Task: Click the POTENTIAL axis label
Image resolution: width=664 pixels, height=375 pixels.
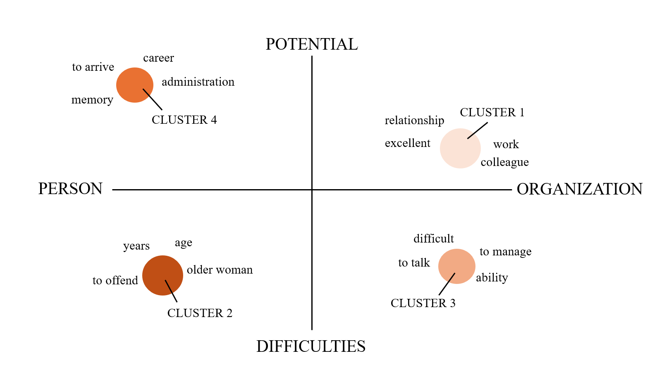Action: click(x=312, y=44)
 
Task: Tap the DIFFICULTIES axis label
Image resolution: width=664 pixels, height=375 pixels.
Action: click(x=311, y=346)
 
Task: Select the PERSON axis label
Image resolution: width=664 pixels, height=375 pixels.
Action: click(x=70, y=189)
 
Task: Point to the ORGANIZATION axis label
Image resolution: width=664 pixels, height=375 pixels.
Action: click(x=579, y=189)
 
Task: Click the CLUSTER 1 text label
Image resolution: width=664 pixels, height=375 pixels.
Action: click(x=492, y=113)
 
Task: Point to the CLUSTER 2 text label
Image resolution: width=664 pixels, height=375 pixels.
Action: click(x=200, y=313)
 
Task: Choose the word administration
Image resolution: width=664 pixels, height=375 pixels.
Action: click(x=198, y=82)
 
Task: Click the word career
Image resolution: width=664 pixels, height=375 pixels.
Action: click(x=158, y=58)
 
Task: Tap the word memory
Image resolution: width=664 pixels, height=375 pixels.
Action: click(x=92, y=100)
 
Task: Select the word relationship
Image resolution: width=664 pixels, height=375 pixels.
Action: click(x=414, y=120)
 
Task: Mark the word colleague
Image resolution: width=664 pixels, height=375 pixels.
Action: click(x=504, y=162)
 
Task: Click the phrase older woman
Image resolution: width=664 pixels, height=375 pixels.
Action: click(x=220, y=270)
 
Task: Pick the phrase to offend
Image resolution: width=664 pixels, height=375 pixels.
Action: click(x=115, y=281)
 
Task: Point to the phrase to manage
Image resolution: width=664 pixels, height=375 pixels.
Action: click(x=505, y=252)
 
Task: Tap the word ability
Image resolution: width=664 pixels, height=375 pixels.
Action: click(x=492, y=277)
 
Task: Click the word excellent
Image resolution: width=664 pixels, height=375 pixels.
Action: click(x=407, y=143)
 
